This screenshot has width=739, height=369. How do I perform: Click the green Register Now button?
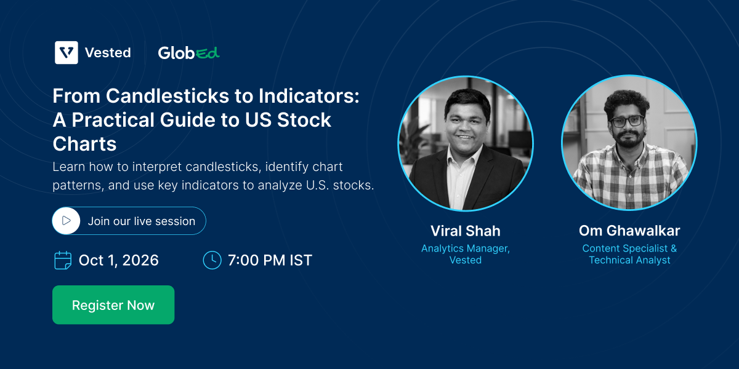113,305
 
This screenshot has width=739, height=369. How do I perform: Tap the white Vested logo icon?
67,52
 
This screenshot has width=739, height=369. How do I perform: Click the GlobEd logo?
188,53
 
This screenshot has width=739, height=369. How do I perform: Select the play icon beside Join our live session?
67,221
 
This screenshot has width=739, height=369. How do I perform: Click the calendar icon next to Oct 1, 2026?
63,260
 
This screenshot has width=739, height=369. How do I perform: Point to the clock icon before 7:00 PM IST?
212,260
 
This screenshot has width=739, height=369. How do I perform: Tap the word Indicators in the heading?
309,96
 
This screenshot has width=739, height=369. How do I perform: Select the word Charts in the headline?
84,144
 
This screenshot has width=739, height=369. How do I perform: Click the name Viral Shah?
466,231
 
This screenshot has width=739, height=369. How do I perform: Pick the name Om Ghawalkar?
629,231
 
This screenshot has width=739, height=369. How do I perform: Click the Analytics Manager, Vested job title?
466,254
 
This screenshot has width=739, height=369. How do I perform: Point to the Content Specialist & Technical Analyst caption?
629,254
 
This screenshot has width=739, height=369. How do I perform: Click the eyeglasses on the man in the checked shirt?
626,121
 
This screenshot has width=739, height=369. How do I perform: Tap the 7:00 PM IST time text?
270,260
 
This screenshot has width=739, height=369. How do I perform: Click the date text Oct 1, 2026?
118,260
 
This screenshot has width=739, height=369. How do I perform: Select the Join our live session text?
142,221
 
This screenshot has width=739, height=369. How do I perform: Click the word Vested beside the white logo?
108,53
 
